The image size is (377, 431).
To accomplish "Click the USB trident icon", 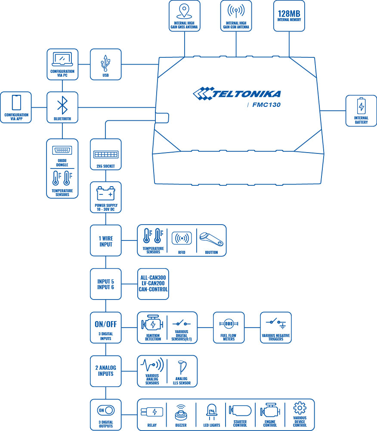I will point(105,63).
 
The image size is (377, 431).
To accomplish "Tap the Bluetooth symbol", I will point(62,105).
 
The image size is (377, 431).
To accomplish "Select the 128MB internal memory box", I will point(289,16).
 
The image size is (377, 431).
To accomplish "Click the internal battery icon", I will point(361,106).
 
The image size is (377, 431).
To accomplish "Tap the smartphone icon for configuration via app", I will point(16,103).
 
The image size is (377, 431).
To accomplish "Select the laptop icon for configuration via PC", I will point(62,59).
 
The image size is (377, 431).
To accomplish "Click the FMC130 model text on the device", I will point(266,104).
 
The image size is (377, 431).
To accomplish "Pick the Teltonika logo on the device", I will point(237,93).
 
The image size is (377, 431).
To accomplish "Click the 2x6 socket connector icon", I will point(105,154).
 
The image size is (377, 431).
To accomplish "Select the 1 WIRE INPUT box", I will point(105,240).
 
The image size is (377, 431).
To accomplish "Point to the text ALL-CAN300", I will point(153,277).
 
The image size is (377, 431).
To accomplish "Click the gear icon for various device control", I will point(300,408).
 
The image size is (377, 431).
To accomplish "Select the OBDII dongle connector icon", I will point(62,150).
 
